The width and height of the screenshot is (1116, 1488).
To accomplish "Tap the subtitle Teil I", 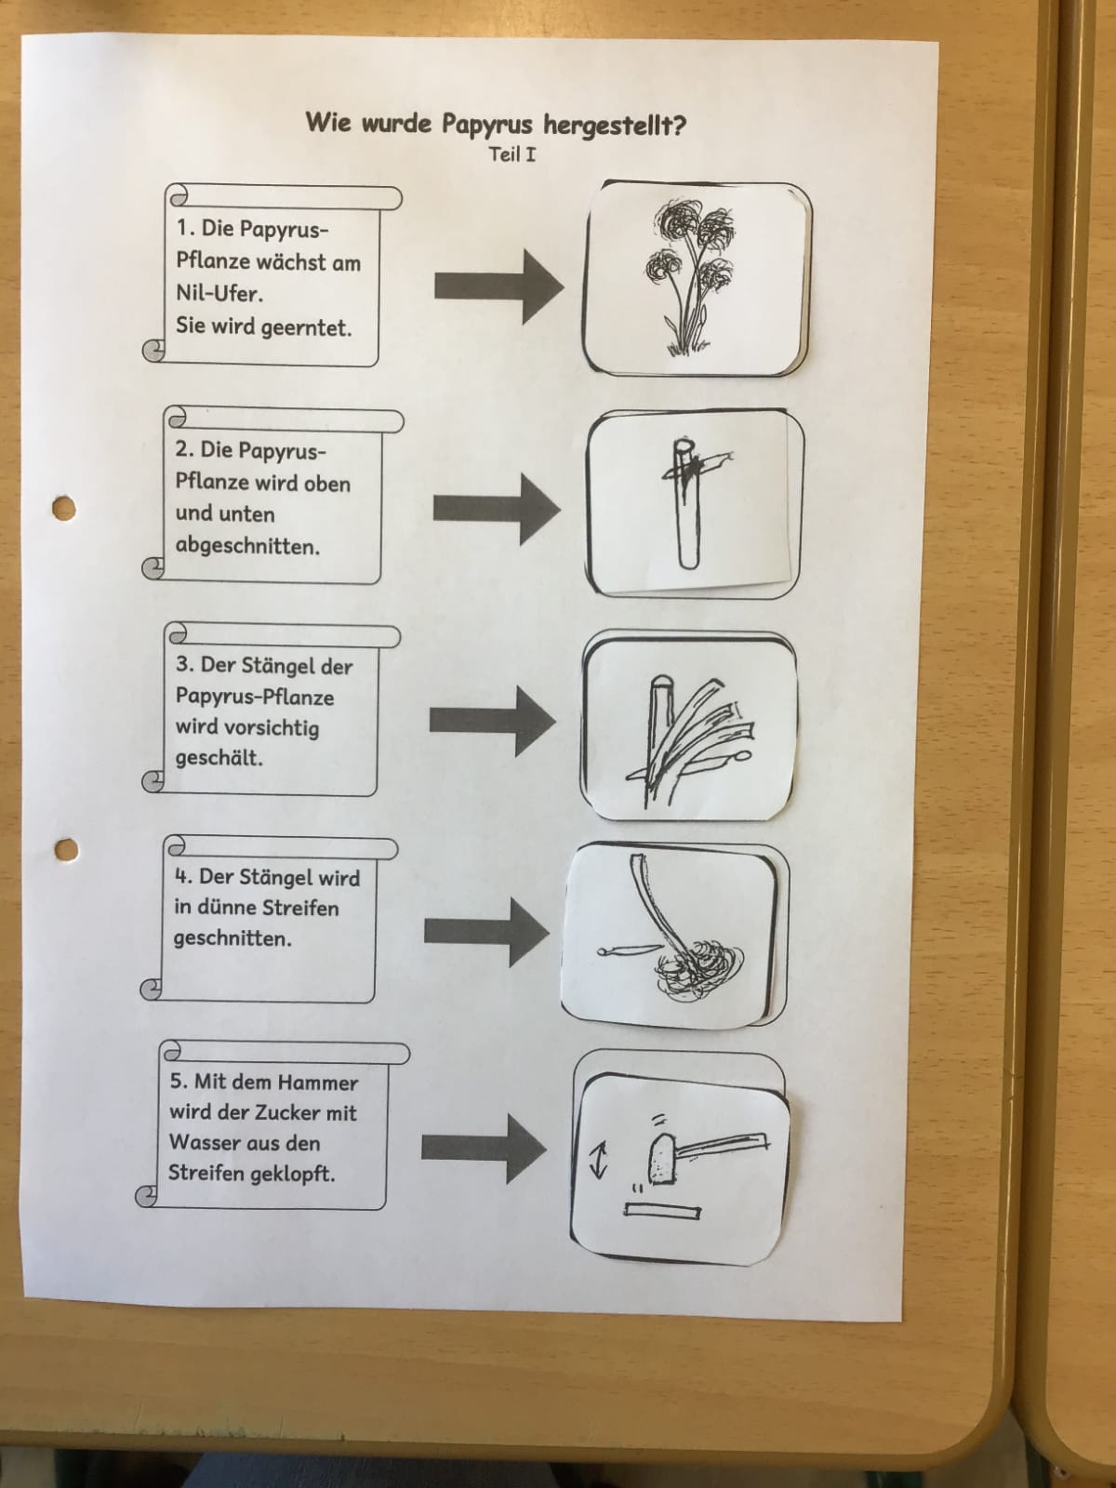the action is (x=512, y=154).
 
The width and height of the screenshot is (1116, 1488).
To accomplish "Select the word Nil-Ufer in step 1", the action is (x=219, y=294).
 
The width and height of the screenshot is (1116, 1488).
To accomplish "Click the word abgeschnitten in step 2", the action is (x=247, y=546).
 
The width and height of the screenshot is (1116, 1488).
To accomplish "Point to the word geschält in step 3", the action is (x=219, y=758).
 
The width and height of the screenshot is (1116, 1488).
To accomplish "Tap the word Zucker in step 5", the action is (x=284, y=1112).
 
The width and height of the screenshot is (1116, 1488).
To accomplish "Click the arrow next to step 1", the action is (x=498, y=286).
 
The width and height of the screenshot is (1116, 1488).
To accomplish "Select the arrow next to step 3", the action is (x=493, y=721).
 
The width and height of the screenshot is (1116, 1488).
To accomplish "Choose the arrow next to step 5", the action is (x=484, y=1149).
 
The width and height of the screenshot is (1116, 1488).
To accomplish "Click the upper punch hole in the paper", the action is (x=64, y=509).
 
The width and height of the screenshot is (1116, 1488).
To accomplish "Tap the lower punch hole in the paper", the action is (x=66, y=850).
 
